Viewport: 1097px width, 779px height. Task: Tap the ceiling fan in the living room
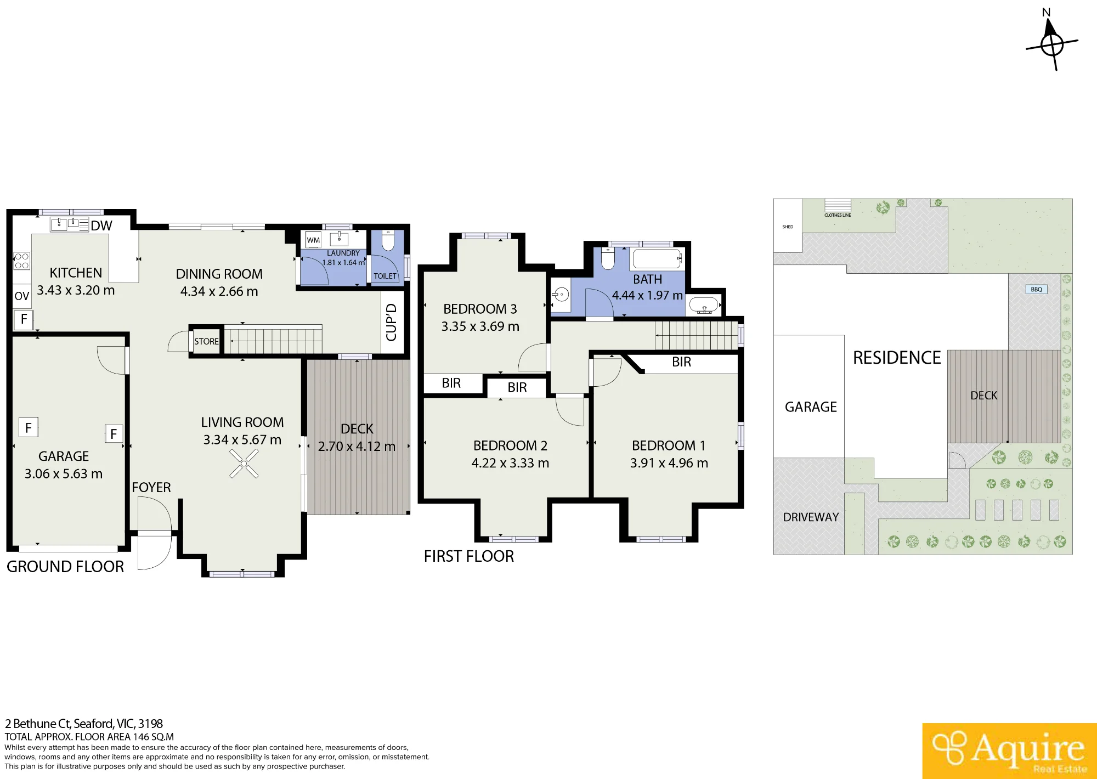click(x=244, y=464)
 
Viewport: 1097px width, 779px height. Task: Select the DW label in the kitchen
click(x=101, y=225)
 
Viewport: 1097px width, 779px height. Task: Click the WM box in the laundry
click(x=313, y=240)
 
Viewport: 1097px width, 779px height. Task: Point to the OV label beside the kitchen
click(x=21, y=296)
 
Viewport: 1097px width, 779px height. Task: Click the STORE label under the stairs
click(x=206, y=341)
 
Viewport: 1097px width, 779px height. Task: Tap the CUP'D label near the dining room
click(x=391, y=322)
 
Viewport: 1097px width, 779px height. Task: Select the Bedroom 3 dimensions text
click(x=480, y=326)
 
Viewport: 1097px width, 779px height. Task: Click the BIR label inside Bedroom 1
click(x=681, y=362)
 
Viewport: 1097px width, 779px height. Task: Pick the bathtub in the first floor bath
click(x=657, y=258)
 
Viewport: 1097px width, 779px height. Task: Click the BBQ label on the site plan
click(x=1036, y=290)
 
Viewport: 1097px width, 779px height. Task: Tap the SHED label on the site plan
click(x=788, y=227)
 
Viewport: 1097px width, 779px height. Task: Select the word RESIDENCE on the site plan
click(x=897, y=358)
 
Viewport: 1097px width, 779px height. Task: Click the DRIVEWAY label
click(x=811, y=517)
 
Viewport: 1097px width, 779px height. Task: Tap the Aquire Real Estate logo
click(x=1009, y=750)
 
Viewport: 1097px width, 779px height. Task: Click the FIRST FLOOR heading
click(x=469, y=556)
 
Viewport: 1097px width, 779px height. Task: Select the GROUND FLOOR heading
click(x=65, y=567)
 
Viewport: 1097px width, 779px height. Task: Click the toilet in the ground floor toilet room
click(x=388, y=240)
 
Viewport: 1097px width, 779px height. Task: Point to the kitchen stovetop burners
click(x=22, y=261)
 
